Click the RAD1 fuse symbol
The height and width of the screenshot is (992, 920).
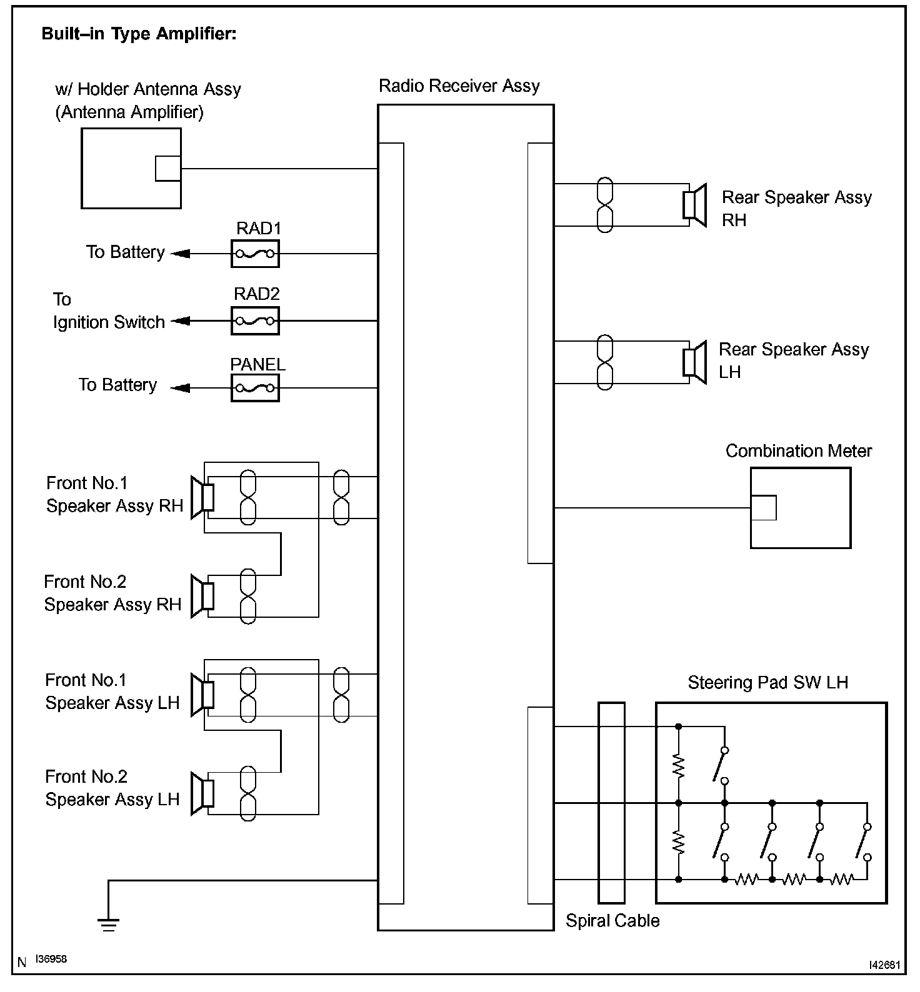[255, 254]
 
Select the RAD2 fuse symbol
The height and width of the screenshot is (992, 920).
[255, 321]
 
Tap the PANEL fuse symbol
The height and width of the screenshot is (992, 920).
[255, 388]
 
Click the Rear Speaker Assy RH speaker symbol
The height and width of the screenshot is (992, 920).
[694, 204]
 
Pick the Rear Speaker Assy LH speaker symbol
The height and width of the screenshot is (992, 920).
[694, 362]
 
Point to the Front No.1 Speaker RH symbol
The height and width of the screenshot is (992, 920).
[202, 497]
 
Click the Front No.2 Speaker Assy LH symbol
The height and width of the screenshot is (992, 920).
[202, 793]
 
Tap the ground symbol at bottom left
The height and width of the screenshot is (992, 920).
[109, 924]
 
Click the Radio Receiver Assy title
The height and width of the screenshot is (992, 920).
[459, 86]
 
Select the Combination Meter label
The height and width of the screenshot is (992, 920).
[799, 451]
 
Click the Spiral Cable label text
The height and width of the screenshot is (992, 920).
[612, 921]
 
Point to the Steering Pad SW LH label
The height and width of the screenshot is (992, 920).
[768, 682]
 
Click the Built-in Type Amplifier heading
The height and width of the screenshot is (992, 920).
[139, 34]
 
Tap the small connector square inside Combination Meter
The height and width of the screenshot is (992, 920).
[764, 508]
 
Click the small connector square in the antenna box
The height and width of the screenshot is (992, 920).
[168, 168]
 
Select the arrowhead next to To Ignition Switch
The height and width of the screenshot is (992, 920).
[180, 321]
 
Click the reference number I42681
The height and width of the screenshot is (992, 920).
[884, 965]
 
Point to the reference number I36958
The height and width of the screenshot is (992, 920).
[51, 959]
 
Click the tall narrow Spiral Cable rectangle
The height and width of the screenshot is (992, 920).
[611, 803]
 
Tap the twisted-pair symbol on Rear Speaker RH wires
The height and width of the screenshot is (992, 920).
[605, 205]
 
